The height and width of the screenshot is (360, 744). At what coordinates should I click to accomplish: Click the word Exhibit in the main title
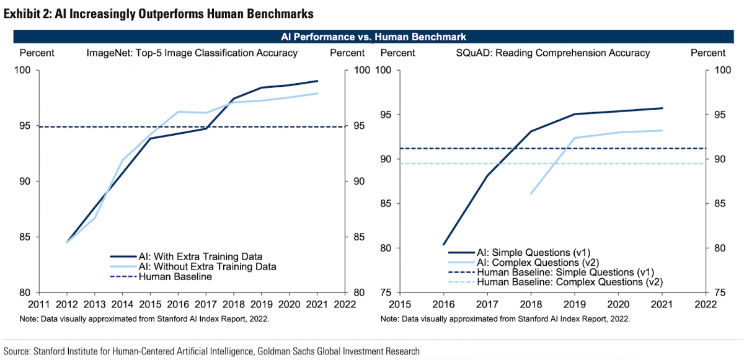(22, 12)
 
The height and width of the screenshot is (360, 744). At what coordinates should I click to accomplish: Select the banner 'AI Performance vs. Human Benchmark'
(372, 37)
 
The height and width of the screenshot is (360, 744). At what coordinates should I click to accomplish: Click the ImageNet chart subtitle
(192, 53)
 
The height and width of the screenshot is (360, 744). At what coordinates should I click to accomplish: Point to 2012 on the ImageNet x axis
(66, 304)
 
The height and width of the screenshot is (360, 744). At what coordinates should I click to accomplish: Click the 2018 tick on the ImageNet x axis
(234, 304)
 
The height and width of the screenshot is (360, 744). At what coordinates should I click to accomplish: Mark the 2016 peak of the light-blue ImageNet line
(178, 112)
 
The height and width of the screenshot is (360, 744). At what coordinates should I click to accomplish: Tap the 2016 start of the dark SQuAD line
(445, 244)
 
